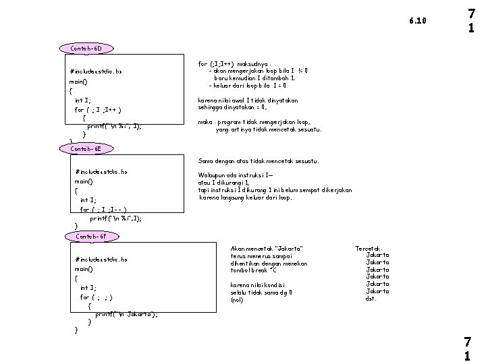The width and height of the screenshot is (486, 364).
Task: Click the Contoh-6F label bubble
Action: pyautogui.click(x=91, y=237)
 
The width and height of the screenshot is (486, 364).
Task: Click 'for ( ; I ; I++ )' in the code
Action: pyautogui.click(x=99, y=109)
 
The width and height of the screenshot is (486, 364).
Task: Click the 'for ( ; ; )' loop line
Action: pyautogui.click(x=97, y=297)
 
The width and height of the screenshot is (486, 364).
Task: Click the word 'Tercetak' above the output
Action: pyautogui.click(x=369, y=249)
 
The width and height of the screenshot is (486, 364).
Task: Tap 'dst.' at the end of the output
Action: pyautogui.click(x=371, y=299)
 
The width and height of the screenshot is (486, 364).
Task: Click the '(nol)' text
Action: pyautogui.click(x=237, y=300)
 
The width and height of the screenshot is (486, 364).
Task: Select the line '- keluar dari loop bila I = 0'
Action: pyautogui.click(x=248, y=86)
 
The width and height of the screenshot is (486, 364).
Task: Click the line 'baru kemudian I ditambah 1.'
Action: pyautogui.click(x=254, y=78)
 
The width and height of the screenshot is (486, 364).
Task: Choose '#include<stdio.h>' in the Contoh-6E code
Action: pyautogui.click(x=101, y=172)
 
